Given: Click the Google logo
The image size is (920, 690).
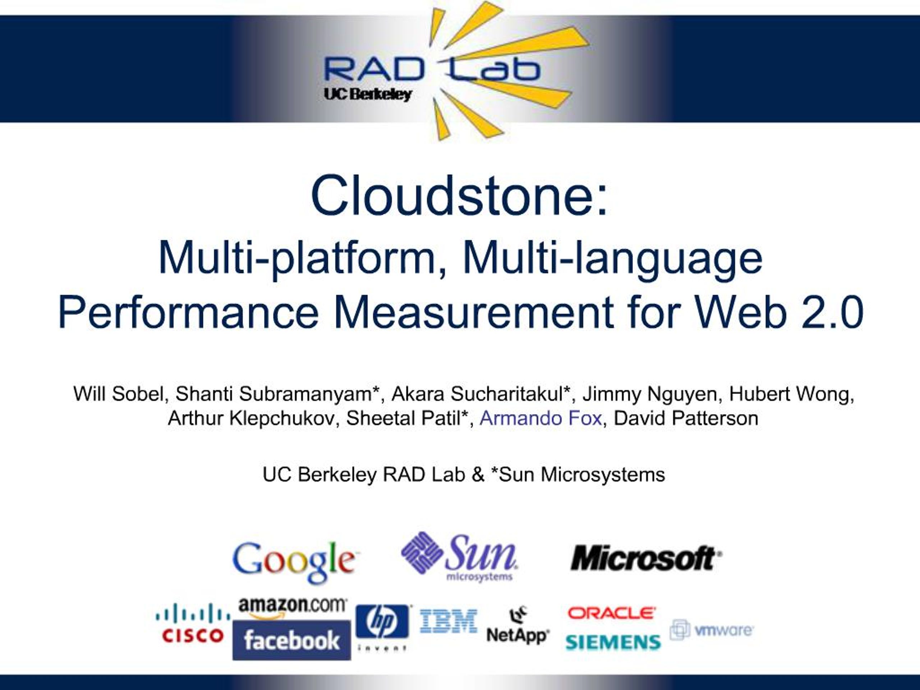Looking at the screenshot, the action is [294, 561].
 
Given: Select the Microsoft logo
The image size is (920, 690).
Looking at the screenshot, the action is [646, 558].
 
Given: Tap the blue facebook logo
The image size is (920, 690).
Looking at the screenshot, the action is [291, 640].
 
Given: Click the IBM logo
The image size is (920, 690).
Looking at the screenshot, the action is [448, 621].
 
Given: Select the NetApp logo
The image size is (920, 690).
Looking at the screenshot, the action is [518, 626].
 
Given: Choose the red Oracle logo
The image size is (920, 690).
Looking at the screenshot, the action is [611, 613].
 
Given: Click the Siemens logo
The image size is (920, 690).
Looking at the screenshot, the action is [613, 642].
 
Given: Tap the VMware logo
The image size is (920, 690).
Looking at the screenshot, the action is [712, 630].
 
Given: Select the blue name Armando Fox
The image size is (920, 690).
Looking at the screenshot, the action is [541, 418].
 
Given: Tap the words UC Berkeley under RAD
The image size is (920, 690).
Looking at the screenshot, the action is [368, 95].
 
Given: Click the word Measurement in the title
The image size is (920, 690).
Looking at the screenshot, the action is [474, 312].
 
